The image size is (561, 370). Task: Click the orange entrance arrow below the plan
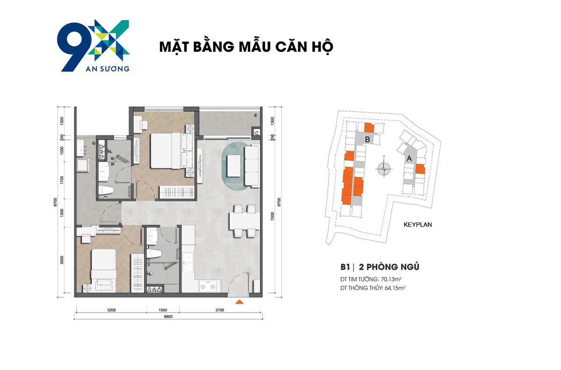239,302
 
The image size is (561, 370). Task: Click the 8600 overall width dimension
168,316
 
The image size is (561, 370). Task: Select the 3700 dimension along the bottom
220,310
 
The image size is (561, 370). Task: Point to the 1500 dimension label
163,310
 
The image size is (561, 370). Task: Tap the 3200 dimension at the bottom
111,310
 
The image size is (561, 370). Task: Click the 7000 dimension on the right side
273,216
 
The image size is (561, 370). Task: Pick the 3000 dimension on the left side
62,260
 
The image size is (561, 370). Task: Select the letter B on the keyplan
367,139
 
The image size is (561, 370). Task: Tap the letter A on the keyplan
409,158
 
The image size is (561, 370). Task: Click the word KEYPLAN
417,225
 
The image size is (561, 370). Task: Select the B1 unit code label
345,267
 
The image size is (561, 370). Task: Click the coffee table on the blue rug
234,166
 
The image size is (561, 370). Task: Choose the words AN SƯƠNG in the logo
108,69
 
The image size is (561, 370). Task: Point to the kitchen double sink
188,263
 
